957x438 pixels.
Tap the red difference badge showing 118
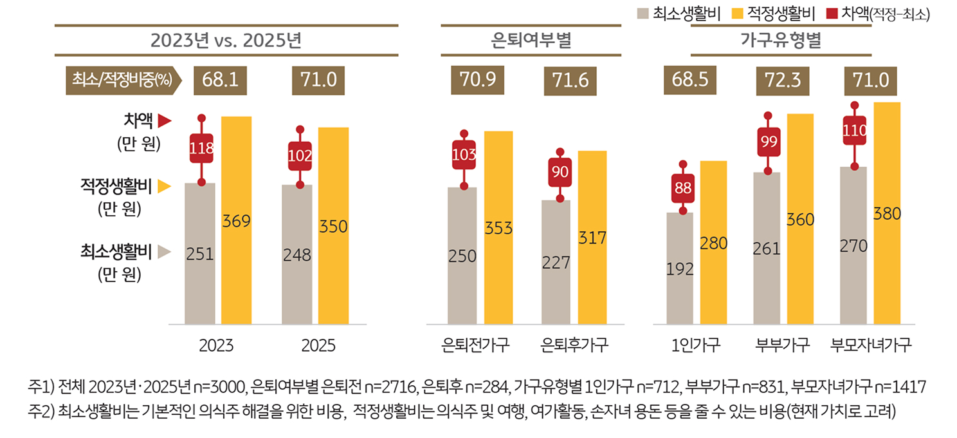click(x=201, y=149)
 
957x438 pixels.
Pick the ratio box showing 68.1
click(x=220, y=80)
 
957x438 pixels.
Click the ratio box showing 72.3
click(x=782, y=80)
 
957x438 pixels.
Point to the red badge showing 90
click(x=559, y=172)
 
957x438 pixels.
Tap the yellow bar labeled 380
click(x=887, y=213)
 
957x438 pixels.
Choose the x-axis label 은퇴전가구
click(x=477, y=345)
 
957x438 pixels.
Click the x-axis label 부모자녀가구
click(x=870, y=345)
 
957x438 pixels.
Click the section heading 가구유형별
click(x=781, y=41)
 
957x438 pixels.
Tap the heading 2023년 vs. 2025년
click(x=226, y=41)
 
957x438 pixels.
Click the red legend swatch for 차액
click(x=830, y=12)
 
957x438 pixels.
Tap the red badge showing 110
click(x=855, y=131)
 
